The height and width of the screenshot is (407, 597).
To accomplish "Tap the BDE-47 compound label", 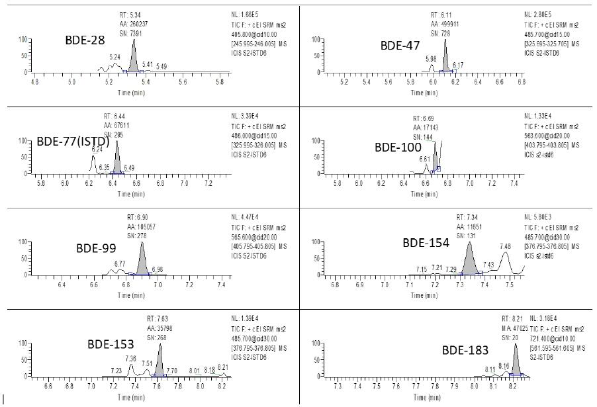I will tap(400, 45).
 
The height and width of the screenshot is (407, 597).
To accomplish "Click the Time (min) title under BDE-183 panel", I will tap(429, 398).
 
